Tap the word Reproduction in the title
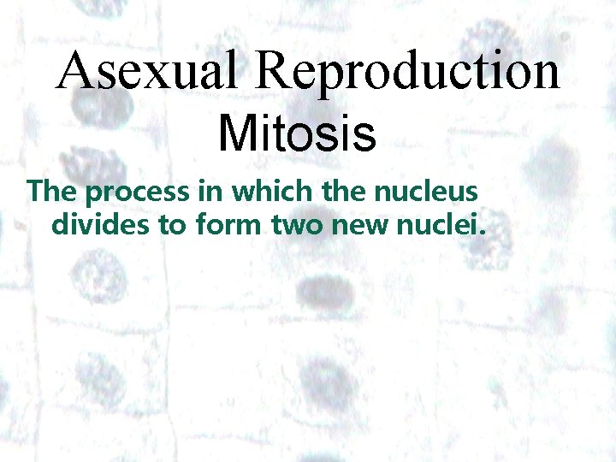[x=406, y=72]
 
